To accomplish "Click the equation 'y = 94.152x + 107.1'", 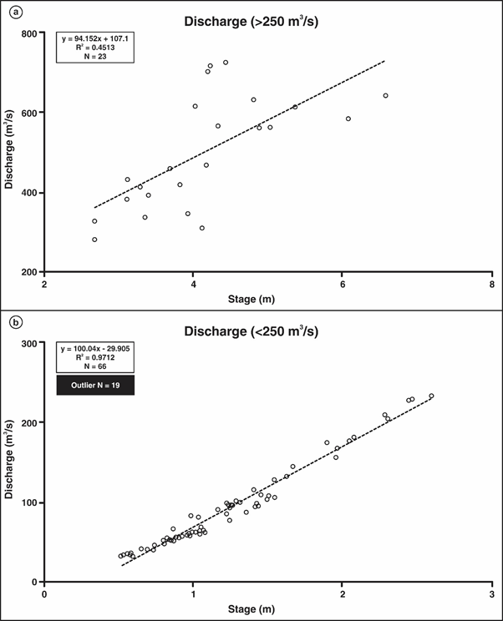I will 89,38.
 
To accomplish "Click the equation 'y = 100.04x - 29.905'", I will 89,348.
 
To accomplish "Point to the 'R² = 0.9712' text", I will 89,357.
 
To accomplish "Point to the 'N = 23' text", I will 89,57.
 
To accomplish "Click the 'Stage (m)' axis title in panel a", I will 268,298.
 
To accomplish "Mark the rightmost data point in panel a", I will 385,96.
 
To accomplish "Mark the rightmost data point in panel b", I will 431,396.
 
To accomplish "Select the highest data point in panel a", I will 226,63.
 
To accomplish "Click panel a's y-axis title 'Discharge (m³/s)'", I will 10,153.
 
